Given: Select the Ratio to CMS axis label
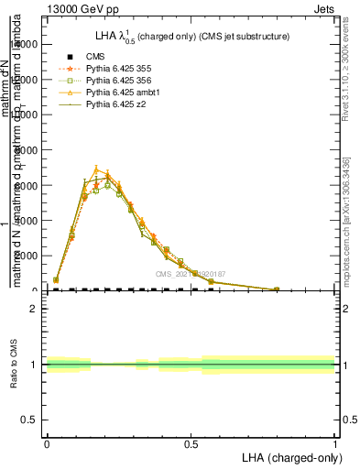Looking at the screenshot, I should tap(15, 365).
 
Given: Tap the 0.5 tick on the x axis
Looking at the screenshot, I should tap(191, 442).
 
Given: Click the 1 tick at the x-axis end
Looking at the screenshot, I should tap(335, 442).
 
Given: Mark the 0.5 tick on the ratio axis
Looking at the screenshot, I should tap(30, 420).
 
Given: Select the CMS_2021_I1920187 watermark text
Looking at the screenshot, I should tap(193, 273).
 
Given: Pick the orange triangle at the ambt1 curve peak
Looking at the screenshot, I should tap(96, 169).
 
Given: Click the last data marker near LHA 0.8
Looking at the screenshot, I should tap(277, 289).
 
